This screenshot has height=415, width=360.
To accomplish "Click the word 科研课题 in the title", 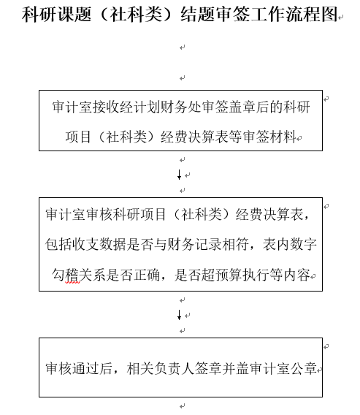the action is tap(56, 14).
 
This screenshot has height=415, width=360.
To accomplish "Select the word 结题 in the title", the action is tap(198, 14).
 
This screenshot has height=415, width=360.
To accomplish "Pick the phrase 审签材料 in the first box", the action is tap(269, 137).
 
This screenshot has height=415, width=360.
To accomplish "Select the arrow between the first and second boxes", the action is tap(180, 175).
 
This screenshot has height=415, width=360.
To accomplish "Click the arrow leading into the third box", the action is tap(180, 315).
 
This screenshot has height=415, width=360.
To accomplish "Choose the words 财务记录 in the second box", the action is tap(194, 244).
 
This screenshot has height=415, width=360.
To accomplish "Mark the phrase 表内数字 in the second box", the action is tap(290, 244).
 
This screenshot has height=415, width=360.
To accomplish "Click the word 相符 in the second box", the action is tap(235, 244).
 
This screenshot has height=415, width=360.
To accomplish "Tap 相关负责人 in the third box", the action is tap(161, 368).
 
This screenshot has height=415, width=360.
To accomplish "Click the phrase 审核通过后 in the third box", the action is tap(79, 368).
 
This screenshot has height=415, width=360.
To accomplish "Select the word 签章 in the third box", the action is tap(208, 368).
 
